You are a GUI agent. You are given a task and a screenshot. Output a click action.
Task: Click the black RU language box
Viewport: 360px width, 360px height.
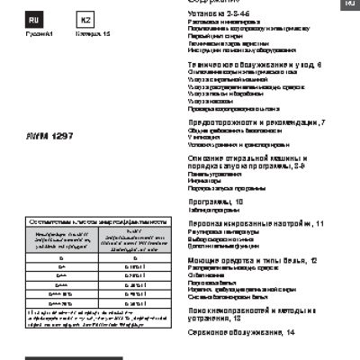click(33, 19)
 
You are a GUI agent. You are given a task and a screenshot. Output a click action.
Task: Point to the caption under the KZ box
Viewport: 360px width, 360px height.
click(89, 33)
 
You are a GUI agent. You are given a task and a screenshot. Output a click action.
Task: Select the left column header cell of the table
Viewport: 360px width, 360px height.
click(58, 236)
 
